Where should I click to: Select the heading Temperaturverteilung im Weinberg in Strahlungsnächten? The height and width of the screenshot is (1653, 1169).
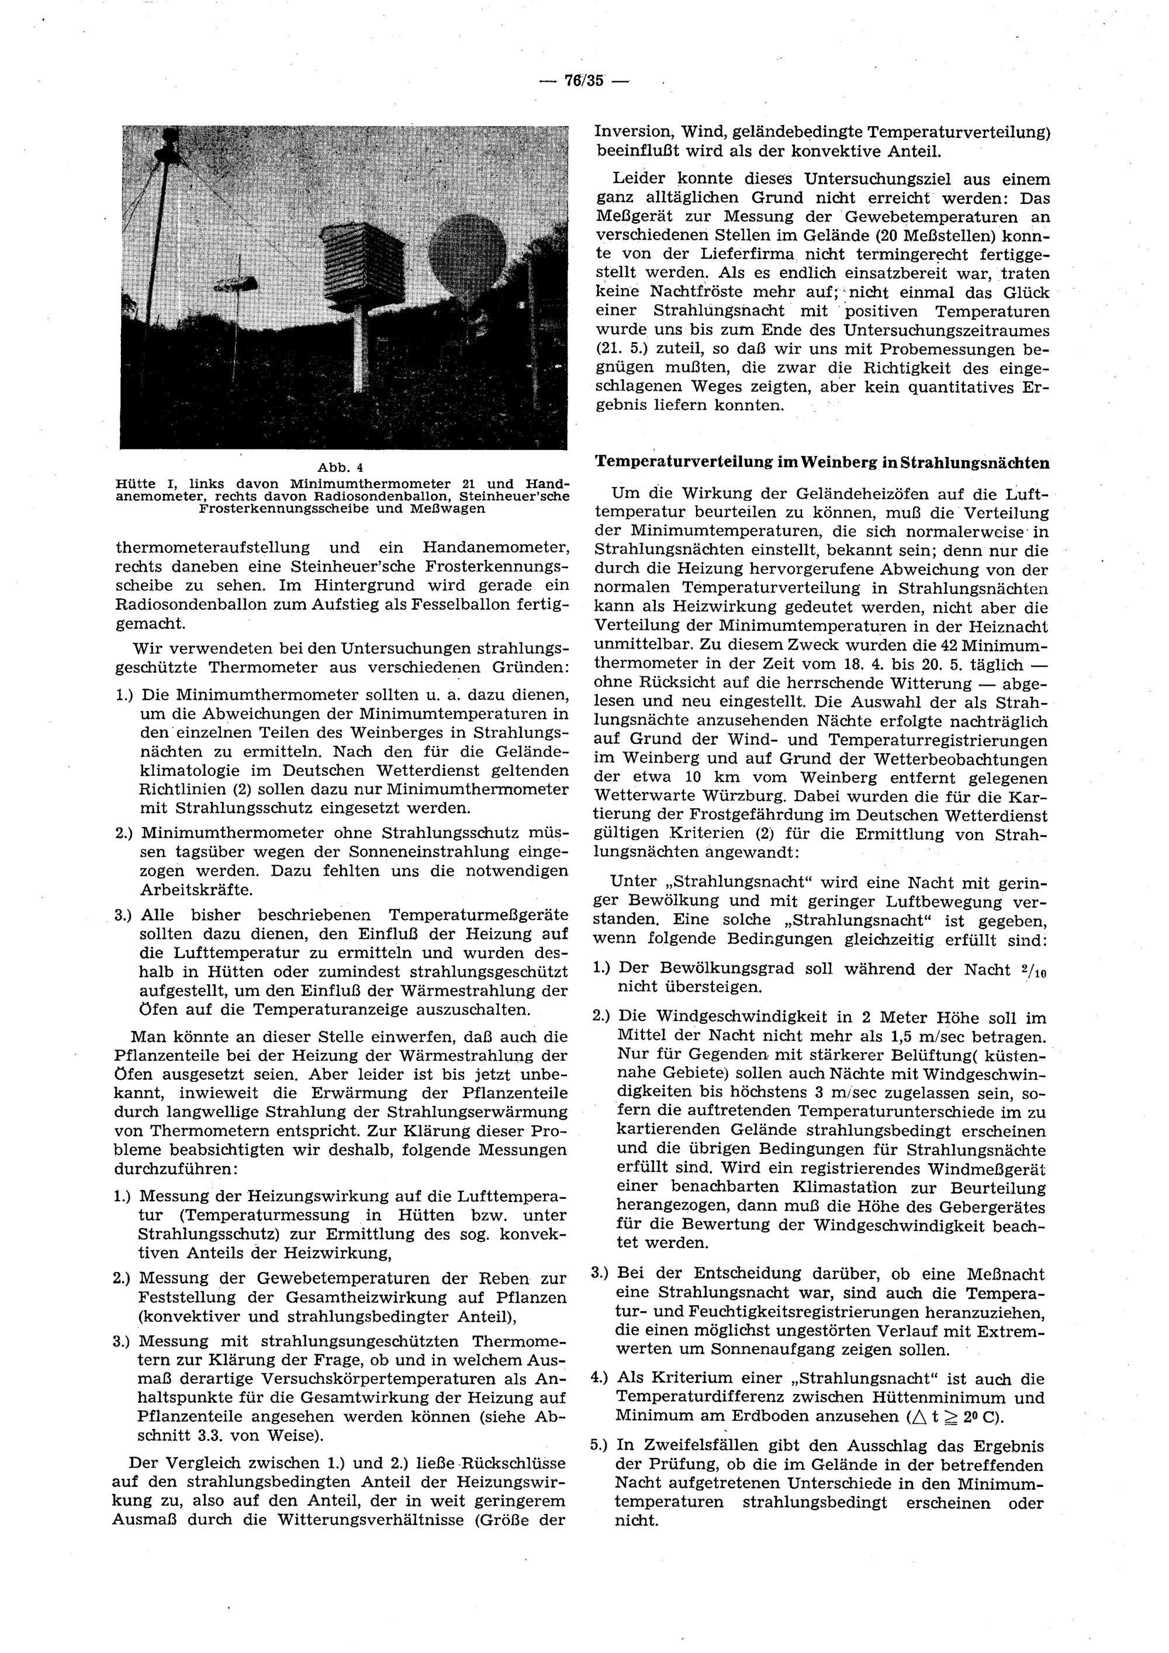click(x=821, y=463)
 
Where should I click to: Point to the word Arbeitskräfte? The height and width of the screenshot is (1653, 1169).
click(x=196, y=890)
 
